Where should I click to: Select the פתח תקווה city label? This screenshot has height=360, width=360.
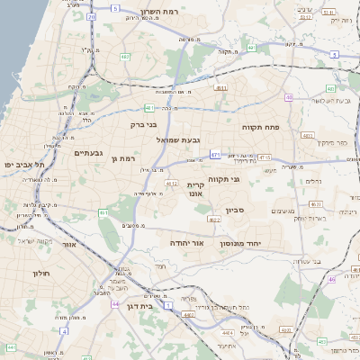point(262,128)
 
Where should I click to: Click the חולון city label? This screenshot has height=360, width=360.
point(41,273)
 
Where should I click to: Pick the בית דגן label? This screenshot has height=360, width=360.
point(161,306)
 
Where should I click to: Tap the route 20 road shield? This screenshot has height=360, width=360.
point(92,17)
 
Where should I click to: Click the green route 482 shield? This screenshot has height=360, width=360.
point(125,56)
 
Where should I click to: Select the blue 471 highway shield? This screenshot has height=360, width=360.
point(215,155)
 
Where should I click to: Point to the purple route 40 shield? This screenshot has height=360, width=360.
point(289,97)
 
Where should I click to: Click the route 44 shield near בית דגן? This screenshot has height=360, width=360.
point(115,304)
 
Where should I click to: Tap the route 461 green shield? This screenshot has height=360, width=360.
point(103,212)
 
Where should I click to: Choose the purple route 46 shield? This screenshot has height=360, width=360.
point(332,280)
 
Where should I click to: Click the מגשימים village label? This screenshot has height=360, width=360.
point(283,211)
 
